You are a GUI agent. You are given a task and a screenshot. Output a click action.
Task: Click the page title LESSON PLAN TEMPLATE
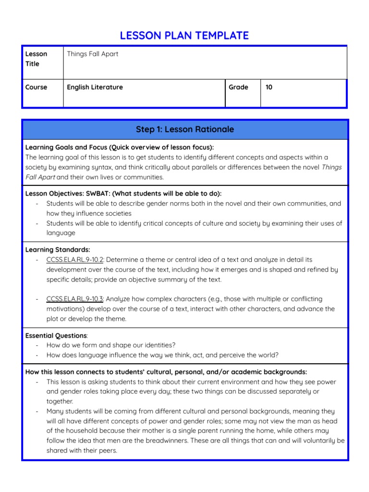tap(184, 35)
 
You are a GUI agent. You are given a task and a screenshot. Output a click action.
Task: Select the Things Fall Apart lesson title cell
tap(92, 54)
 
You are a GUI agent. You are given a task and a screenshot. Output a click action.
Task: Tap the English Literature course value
tap(95, 87)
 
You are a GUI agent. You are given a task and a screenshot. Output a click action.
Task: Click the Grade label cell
tap(238, 87)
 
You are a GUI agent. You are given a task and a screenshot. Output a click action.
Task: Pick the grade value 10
tap(269, 87)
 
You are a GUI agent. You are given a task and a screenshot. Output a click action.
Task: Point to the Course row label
tap(37, 87)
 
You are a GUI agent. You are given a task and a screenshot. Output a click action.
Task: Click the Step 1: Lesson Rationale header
tap(184, 129)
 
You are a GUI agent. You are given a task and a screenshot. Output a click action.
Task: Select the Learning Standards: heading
tap(58, 250)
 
